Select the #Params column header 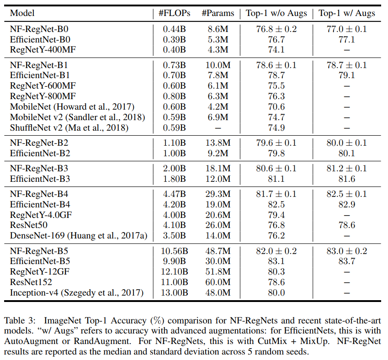[x=218, y=13]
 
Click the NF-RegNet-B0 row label [x=39, y=29]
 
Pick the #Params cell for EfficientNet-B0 [x=218, y=40]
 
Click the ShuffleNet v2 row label [x=69, y=127]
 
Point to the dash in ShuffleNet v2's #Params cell [x=218, y=127]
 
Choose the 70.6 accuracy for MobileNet [x=276, y=106]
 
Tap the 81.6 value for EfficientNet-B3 [x=346, y=179]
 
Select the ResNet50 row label [x=29, y=225]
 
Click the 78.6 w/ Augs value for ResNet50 [x=346, y=225]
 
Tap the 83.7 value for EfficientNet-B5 [x=346, y=262]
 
